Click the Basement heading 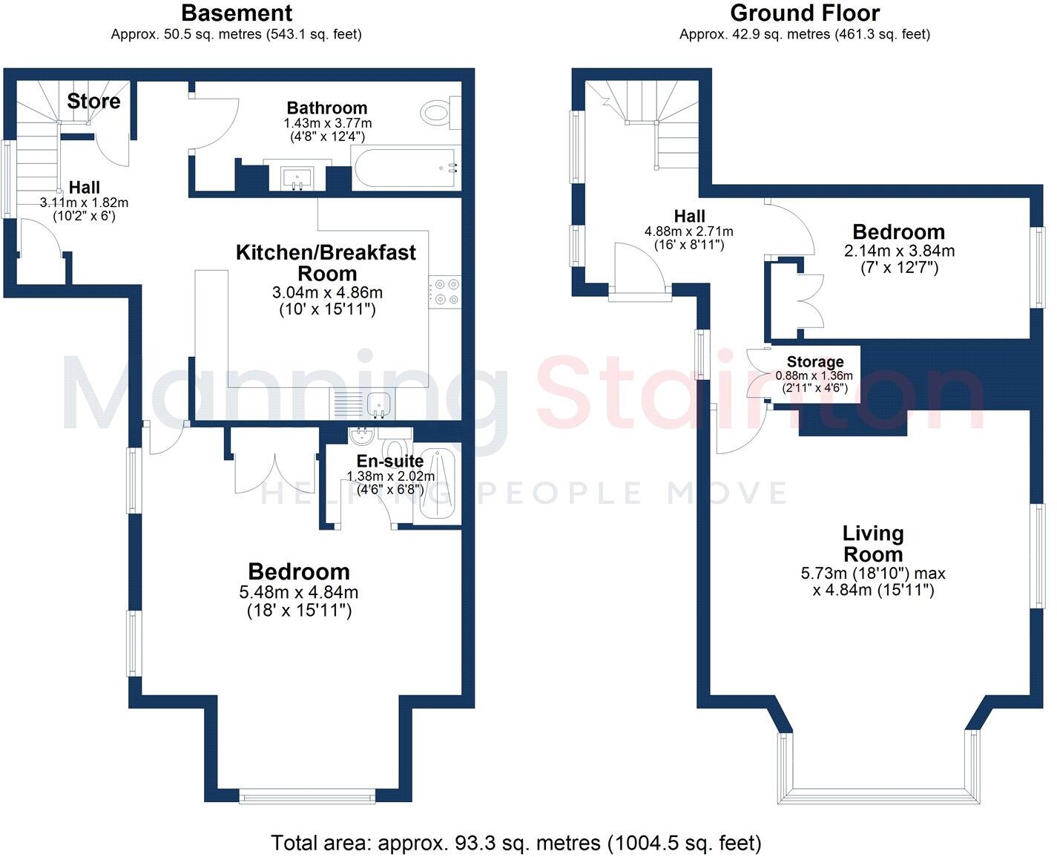pos(237,13)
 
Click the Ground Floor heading pos(805,13)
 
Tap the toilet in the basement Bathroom pos(437,114)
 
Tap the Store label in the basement pos(93,102)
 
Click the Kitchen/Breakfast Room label pos(326,263)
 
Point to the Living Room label pos(872,544)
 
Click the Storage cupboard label pos(815,362)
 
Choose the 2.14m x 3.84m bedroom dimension pos(899,251)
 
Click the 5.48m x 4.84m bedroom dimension pos(298,592)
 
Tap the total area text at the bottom pos(516,843)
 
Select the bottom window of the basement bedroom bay pos(307,798)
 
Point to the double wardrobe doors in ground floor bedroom pos(809,301)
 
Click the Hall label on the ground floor pos(689,217)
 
